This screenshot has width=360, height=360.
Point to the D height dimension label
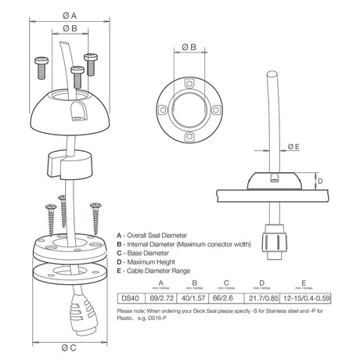319,180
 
